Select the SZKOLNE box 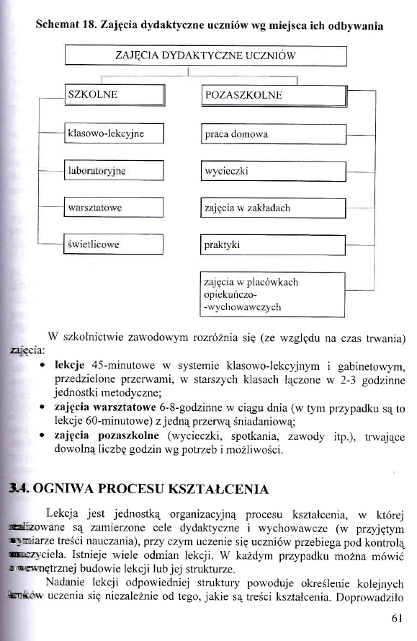coord(114,95)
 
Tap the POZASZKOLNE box coord(273,95)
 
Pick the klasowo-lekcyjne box coord(114,133)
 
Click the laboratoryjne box coord(114,171)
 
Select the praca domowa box coord(273,134)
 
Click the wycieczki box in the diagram coord(273,172)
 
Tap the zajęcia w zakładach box coord(273,208)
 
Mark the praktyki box coord(273,245)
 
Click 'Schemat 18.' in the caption coord(66,26)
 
